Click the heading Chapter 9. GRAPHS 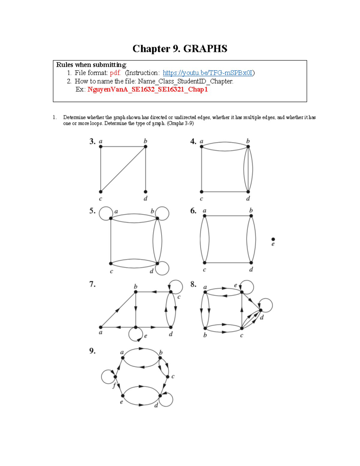tap(180, 49)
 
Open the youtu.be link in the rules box tap(208, 73)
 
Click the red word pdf tap(115, 73)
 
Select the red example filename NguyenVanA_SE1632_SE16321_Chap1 tap(147, 89)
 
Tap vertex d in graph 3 tap(145, 192)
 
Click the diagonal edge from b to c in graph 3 tap(123, 169)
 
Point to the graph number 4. tap(193, 141)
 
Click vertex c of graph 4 tap(202, 192)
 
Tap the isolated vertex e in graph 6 tap(273, 239)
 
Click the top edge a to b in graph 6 tap(228, 215)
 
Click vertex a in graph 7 tap(101, 327)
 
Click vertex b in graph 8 tap(205, 328)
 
